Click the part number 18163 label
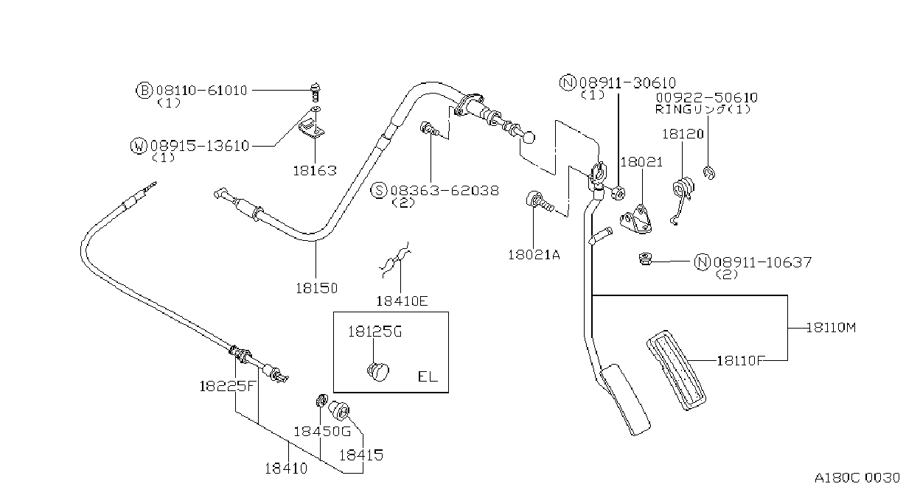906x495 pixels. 315,170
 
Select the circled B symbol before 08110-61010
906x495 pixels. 144,90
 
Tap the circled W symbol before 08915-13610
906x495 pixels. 139,146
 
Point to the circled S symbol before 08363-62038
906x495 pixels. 379,190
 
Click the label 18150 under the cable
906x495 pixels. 316,288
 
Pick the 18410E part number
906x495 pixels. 402,301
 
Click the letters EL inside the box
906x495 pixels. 428,376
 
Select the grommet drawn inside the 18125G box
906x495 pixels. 378,372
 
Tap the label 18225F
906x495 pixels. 228,386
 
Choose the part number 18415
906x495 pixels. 360,455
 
